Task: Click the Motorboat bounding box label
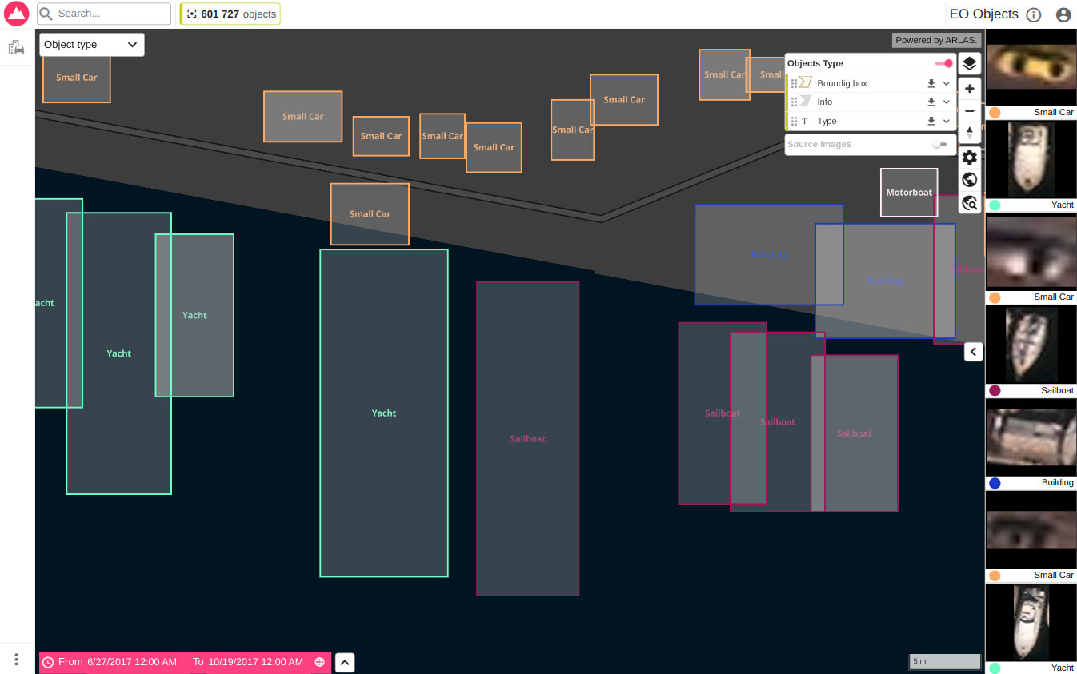tap(909, 193)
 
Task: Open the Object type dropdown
tap(91, 45)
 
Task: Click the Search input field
tap(110, 14)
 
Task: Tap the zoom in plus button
tap(970, 89)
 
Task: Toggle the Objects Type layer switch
tap(944, 63)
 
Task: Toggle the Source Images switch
tap(939, 145)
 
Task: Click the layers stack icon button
tap(970, 64)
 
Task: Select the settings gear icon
tap(970, 158)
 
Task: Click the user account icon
tap(1063, 14)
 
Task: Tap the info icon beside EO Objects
tap(1034, 14)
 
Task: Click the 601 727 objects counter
tap(230, 14)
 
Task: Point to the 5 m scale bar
tap(945, 661)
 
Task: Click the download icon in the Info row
tap(931, 102)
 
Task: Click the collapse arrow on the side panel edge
tap(974, 352)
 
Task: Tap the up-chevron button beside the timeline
tap(345, 662)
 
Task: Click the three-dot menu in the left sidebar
tap(16, 660)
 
